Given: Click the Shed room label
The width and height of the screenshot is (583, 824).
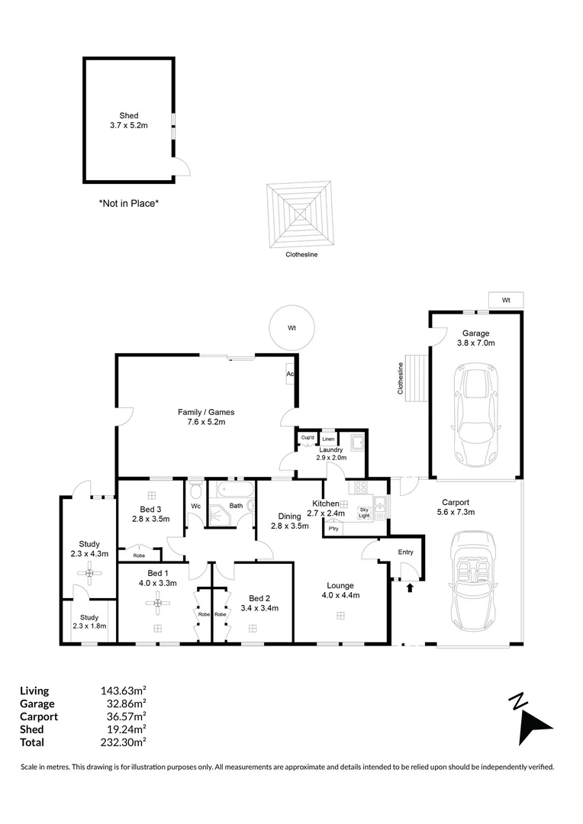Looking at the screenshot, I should pos(128,116).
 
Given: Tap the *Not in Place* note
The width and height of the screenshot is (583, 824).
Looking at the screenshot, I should pos(128,204).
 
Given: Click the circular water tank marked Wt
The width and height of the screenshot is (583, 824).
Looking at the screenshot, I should pos(291,328).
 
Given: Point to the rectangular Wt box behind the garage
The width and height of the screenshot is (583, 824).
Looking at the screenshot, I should pos(505,300).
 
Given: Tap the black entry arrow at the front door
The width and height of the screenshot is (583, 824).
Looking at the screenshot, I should pos(410,587).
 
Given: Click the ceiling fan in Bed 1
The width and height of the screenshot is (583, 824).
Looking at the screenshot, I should pos(158,605).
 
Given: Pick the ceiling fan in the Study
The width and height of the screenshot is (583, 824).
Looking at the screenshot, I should pos(89,573).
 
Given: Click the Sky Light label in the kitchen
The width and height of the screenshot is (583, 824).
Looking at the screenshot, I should pos(364,512).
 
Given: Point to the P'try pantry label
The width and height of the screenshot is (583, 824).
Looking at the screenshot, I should pos(333,528).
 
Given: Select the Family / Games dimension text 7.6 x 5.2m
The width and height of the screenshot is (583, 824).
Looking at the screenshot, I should pos(201,421).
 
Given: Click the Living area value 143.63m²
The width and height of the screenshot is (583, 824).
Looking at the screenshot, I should pos(124,691).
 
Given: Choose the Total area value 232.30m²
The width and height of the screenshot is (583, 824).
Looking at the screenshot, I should pos(124,742).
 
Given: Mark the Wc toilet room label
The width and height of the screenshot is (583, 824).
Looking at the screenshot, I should pos(195,505).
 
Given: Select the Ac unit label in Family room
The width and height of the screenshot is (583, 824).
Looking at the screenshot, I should pos(290,374).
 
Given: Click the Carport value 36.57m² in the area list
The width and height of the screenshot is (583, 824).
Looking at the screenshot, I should pos(124,716).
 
